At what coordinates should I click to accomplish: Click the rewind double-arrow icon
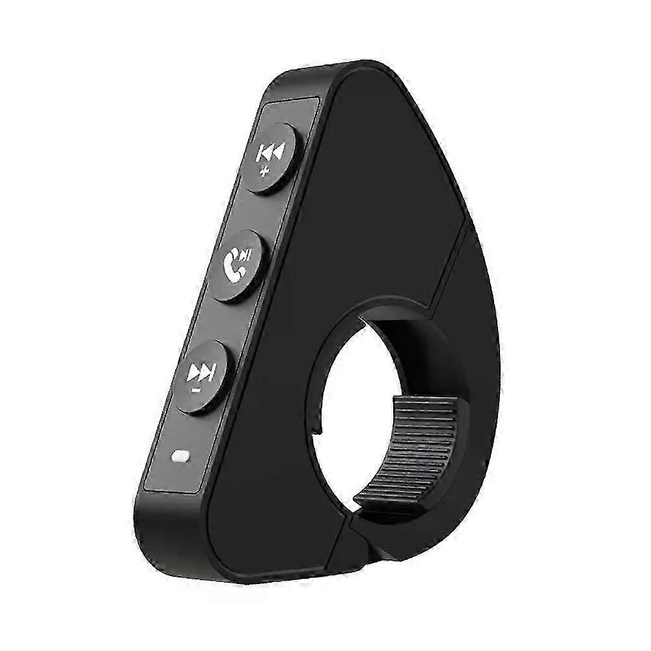pos(270,154)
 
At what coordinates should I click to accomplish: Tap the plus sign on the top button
pos(264,172)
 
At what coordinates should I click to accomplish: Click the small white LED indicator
pos(178,457)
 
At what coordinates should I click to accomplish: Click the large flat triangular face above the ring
pos(371,195)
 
